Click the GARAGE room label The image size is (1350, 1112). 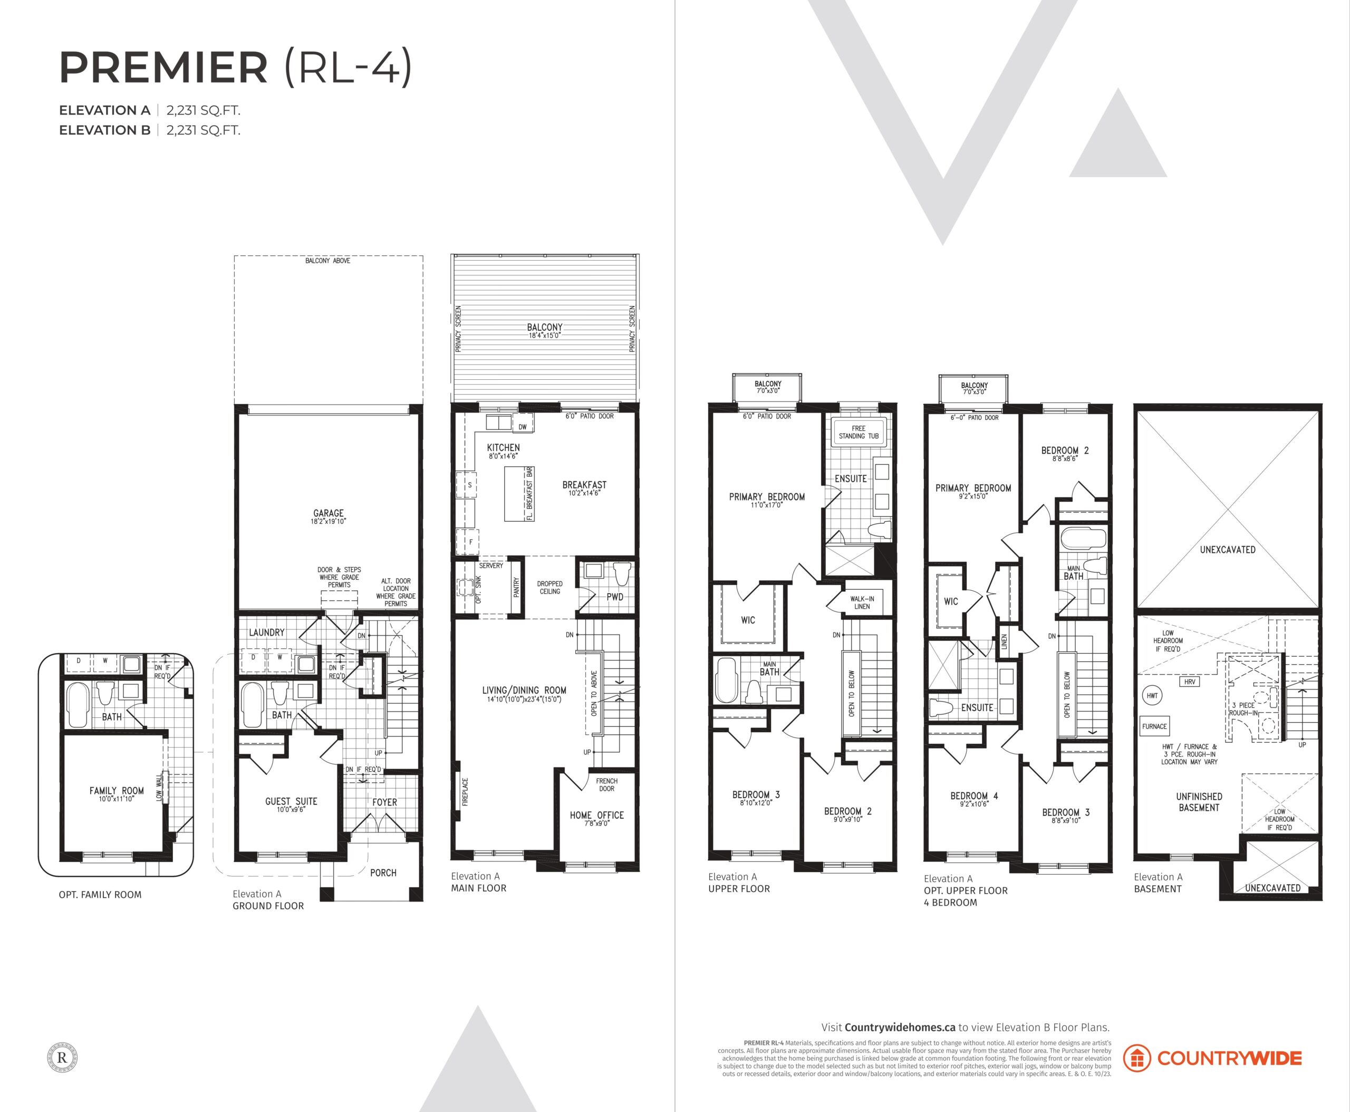click(x=329, y=513)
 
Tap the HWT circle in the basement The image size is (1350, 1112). click(x=1152, y=696)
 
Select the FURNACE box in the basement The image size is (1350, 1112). click(x=1155, y=726)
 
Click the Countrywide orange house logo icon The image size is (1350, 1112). click(x=1137, y=1058)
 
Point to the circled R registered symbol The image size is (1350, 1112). click(x=62, y=1058)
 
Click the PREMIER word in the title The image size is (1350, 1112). click(x=163, y=68)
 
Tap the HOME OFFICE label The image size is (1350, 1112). click(x=597, y=815)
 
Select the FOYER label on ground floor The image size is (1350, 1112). click(x=385, y=802)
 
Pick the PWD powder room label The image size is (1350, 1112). click(x=615, y=597)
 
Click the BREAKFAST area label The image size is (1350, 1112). click(x=584, y=485)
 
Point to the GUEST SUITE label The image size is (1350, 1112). click(x=292, y=801)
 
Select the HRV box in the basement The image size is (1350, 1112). click(x=1190, y=682)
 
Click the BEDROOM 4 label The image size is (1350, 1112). click(x=974, y=796)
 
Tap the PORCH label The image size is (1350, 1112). click(x=383, y=873)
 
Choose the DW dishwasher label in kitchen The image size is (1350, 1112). click(x=523, y=427)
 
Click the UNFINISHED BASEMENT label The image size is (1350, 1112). click(x=1199, y=802)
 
